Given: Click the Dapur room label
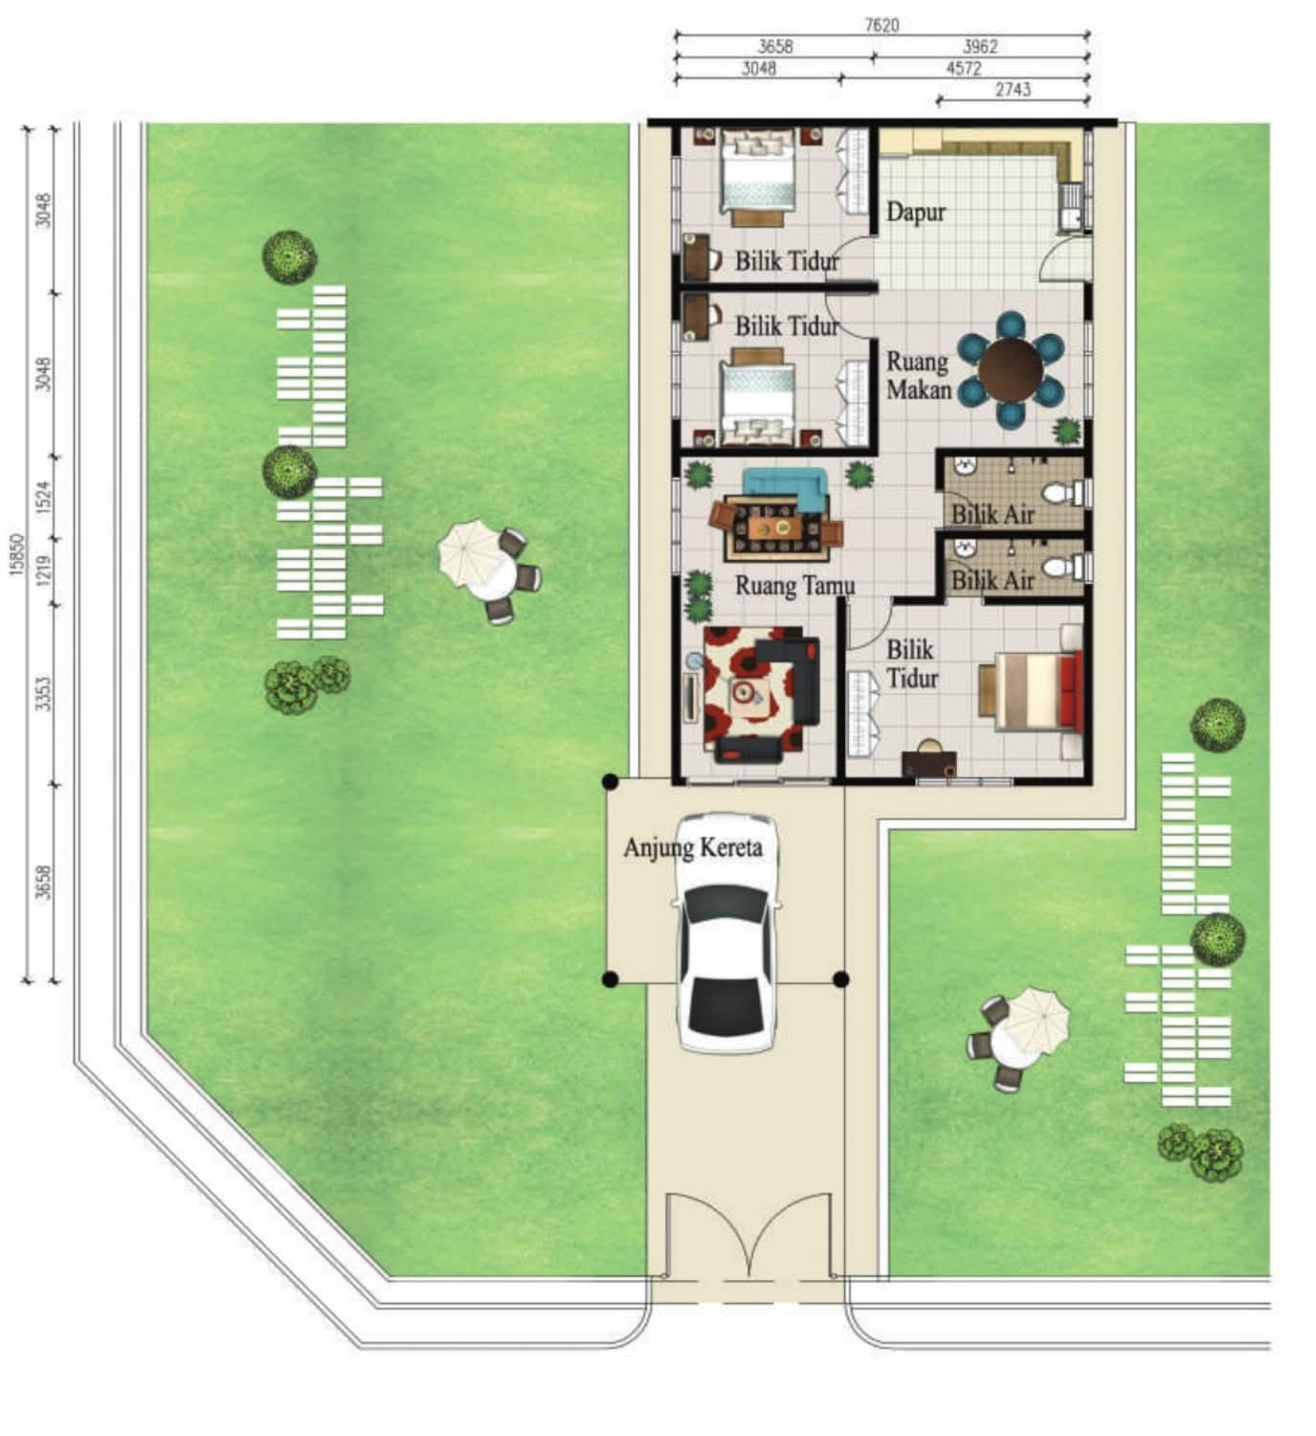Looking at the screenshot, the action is pos(916,212).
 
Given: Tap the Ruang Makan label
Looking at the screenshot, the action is pos(919,376).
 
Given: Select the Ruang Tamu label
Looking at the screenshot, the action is pos(794,586).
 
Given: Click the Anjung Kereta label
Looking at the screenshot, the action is pos(692,847).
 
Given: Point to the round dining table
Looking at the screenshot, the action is pos(1011,370).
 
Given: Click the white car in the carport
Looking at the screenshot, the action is pos(728,932).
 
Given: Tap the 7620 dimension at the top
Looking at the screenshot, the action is pos(881,26).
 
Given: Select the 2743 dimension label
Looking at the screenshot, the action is pos(1014,89).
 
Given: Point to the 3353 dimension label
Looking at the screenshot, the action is pos(44,694).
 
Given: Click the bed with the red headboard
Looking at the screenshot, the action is pos(1031,691).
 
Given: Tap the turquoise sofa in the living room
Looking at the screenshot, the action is pos(786,489).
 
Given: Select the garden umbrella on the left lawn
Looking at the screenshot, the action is pos(468,552).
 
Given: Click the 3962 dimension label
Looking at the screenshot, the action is pos(979,47).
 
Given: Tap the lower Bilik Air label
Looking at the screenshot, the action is pos(993,580).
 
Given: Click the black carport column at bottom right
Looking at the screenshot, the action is pos(841,978).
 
